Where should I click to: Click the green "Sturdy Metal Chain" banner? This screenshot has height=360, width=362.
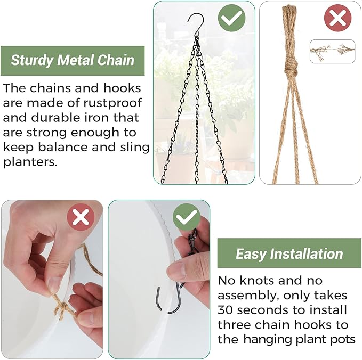73,60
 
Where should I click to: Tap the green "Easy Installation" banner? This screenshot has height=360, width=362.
289,253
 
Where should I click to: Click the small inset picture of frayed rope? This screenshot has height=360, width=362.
332,52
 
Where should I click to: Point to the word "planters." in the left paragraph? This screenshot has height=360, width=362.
30,162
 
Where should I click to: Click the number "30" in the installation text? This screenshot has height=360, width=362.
227,309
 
